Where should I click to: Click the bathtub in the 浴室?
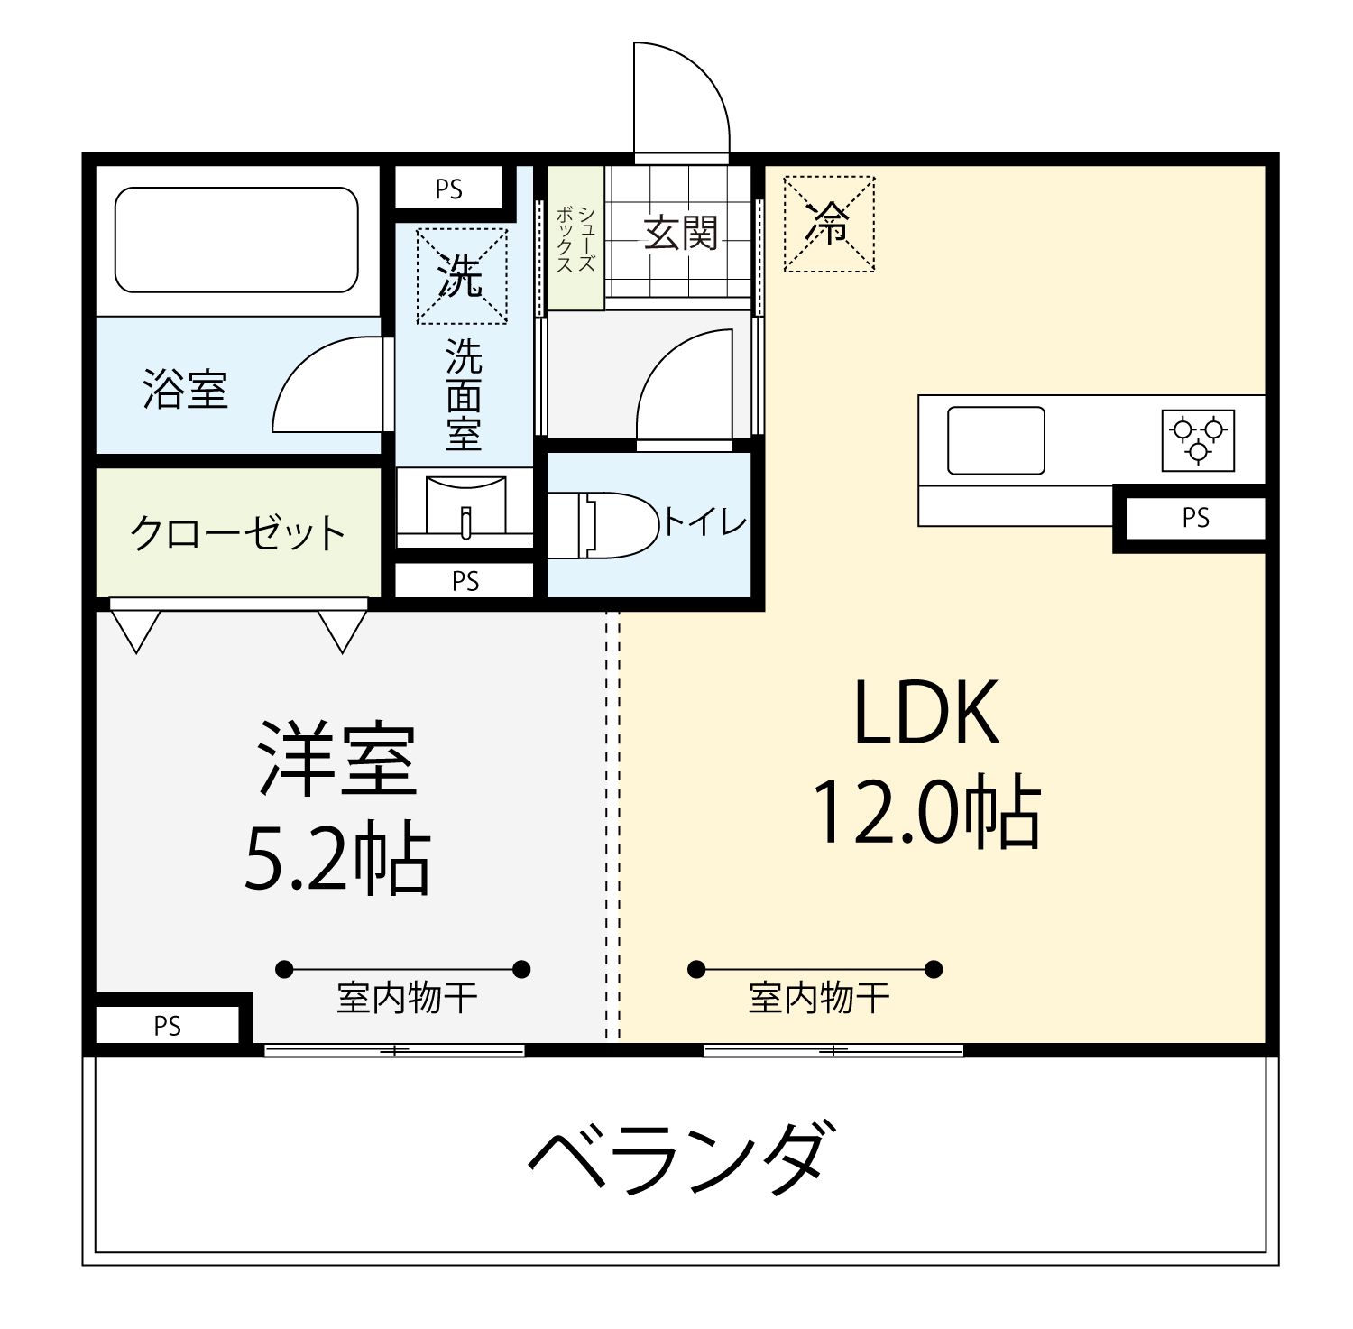tap(236, 239)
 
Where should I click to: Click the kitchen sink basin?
tap(996, 440)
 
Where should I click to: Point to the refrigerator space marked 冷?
tap(829, 224)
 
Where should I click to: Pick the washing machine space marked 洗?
tap(461, 276)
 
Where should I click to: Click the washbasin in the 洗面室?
tap(465, 506)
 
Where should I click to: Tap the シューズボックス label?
tap(575, 238)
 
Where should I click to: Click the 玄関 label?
tap(680, 234)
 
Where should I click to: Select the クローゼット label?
tap(237, 532)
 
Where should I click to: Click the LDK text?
tap(926, 713)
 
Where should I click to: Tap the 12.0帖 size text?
tap(927, 811)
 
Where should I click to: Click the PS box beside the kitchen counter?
tap(1195, 518)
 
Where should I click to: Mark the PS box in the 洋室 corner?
tap(168, 1026)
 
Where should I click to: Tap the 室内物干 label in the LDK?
tap(819, 998)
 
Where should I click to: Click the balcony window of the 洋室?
tap(394, 1050)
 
